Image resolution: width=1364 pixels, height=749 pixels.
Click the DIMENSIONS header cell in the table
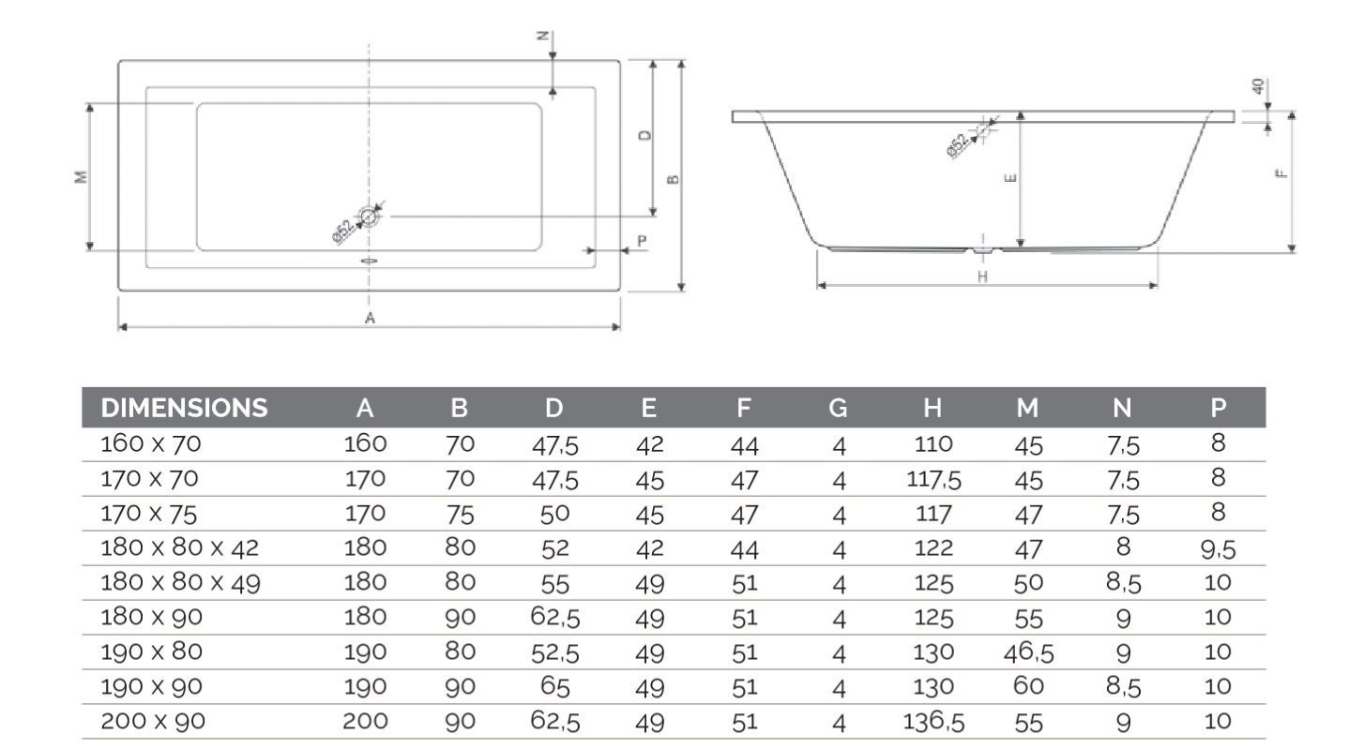184,408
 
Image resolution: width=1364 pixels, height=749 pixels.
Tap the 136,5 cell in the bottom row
932,722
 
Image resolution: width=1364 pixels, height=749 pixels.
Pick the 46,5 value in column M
1028,652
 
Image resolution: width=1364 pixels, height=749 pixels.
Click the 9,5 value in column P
1218,550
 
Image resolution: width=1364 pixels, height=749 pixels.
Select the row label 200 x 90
153,721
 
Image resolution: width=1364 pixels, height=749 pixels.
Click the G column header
838,408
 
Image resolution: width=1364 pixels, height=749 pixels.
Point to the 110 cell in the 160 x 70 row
932,443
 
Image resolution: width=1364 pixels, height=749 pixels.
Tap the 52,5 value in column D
554,653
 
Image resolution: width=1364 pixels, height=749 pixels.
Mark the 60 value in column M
1028,686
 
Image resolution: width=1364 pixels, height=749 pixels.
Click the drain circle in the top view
369,217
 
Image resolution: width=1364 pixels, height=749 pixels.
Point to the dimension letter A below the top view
370,318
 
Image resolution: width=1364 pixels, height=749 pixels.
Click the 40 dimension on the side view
1258,86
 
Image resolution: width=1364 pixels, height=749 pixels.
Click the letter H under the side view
982,276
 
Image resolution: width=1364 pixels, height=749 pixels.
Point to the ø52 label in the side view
959,145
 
